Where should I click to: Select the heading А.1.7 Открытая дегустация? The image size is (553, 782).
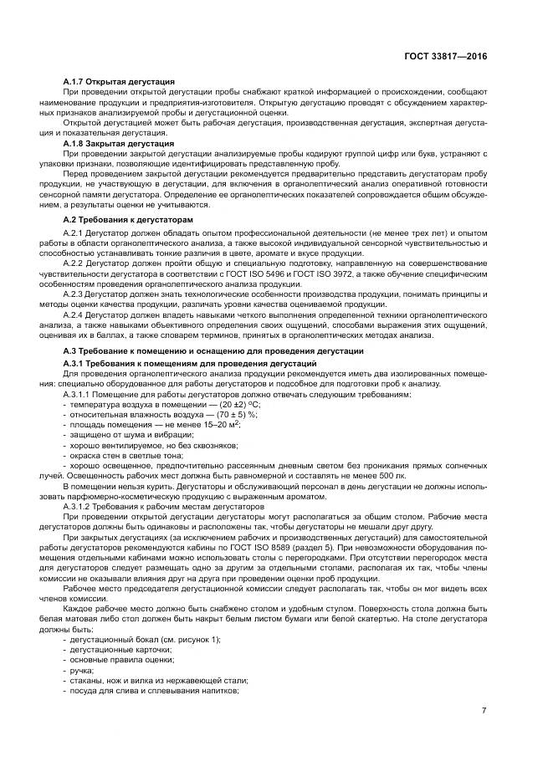(x=119, y=80)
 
